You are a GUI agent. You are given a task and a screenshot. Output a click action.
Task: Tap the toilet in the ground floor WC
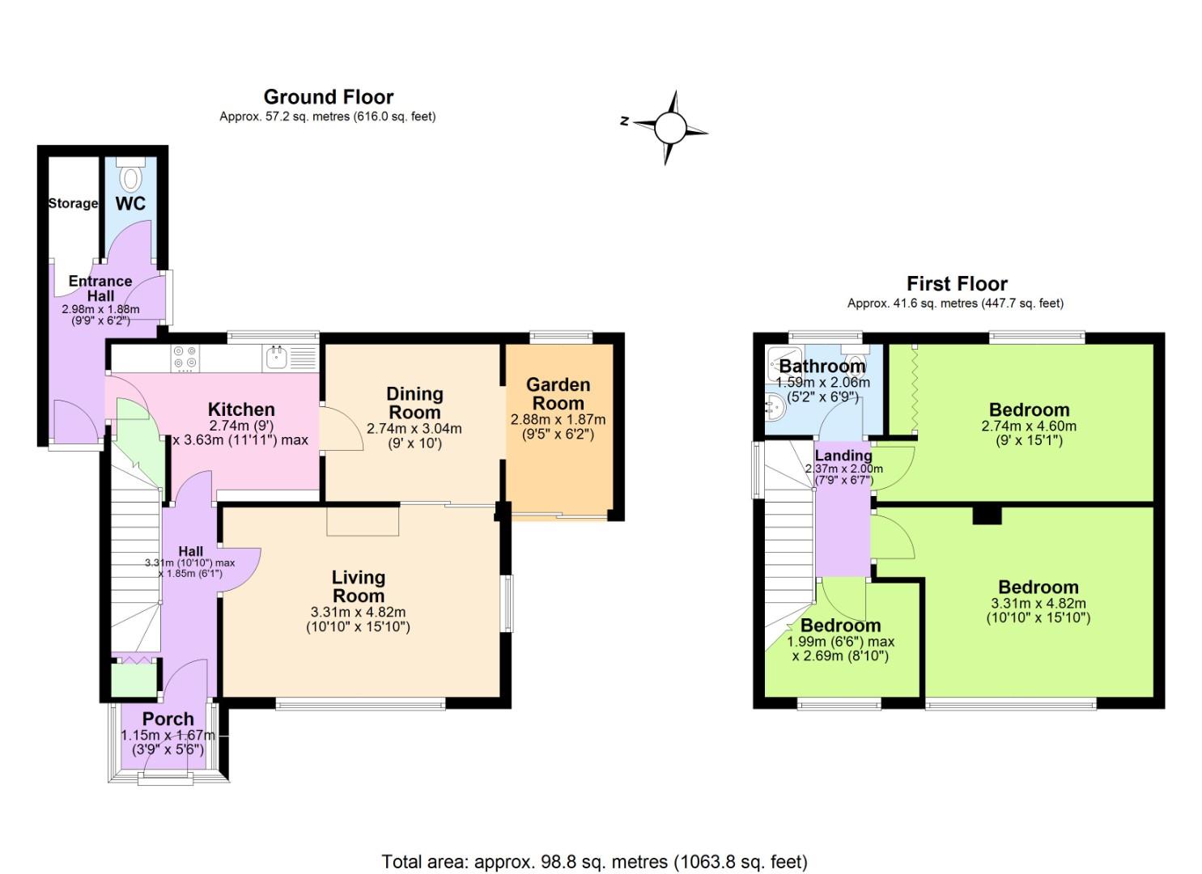point(130,174)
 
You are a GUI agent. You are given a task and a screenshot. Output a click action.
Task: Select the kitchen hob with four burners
point(185,359)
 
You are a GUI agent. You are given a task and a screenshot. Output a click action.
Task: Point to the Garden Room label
point(558,394)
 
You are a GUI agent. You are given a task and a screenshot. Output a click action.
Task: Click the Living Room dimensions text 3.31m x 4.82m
point(358,612)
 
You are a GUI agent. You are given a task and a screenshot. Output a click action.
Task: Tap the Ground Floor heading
point(328,97)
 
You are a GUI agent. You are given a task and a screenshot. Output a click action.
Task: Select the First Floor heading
point(956,284)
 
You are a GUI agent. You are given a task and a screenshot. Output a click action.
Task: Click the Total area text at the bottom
point(594,861)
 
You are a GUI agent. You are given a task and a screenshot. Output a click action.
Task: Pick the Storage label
point(73,203)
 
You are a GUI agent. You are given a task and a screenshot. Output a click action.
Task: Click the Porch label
point(168,719)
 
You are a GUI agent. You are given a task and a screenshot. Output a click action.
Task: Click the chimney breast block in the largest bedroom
point(986,515)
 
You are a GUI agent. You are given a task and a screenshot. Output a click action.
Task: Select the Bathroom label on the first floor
point(822,366)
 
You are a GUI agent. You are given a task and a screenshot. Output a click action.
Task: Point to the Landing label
point(843,455)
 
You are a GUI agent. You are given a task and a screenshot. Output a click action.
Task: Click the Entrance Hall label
point(100,288)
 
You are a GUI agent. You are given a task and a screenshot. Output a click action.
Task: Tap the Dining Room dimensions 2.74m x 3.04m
point(414,429)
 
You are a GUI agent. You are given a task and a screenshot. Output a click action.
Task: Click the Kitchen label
point(241,409)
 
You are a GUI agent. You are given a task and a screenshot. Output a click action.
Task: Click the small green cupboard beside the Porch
point(134,679)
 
